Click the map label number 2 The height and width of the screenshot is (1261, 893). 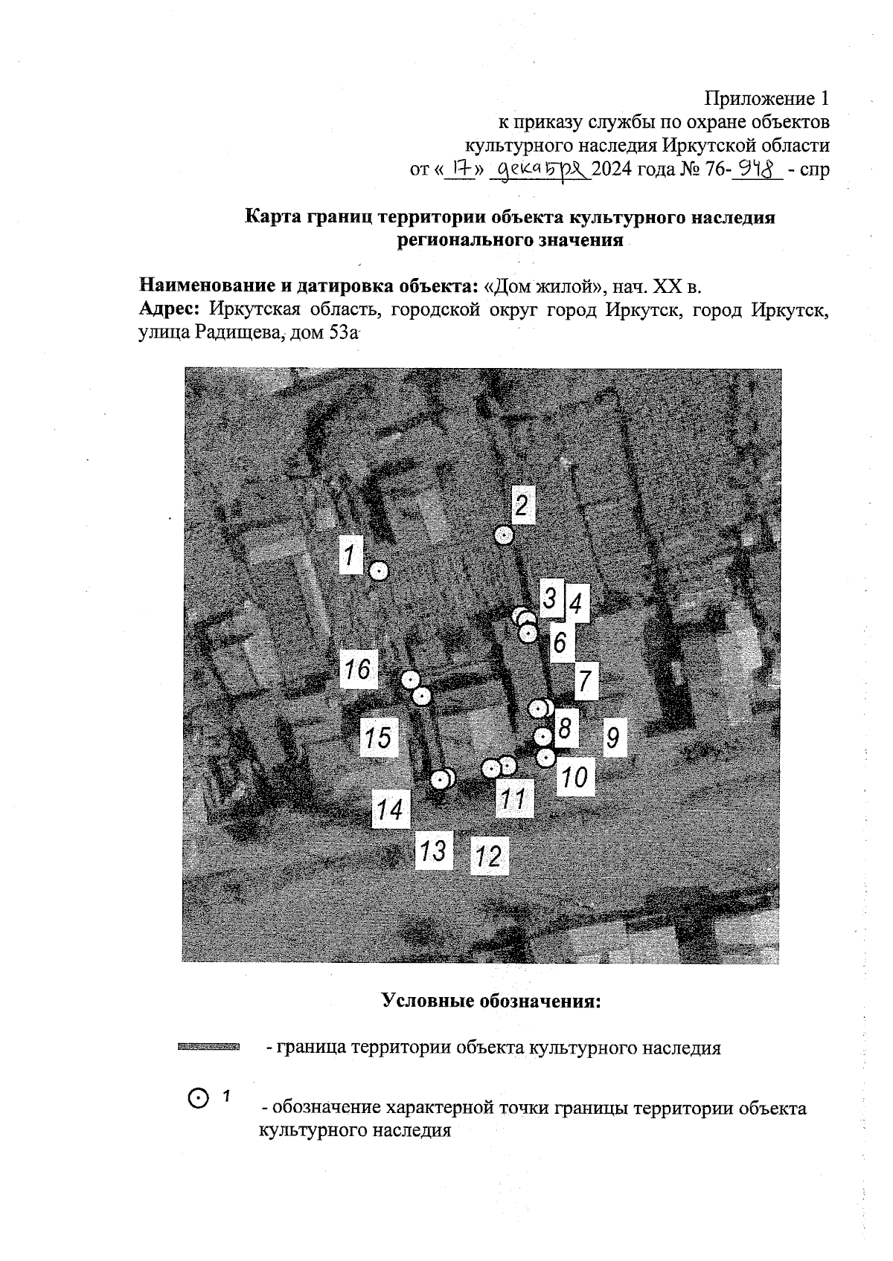click(522, 506)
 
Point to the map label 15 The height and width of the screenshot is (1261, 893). click(378, 738)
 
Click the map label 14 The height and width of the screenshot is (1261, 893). click(391, 809)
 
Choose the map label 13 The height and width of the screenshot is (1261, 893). click(433, 849)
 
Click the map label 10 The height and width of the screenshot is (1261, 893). click(575, 778)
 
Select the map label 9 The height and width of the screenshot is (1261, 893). click(613, 738)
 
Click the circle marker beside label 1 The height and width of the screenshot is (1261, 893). click(379, 570)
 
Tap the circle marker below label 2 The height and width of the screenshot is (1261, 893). click(505, 535)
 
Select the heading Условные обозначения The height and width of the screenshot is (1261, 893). click(490, 1001)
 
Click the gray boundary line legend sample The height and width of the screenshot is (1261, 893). click(208, 1048)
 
